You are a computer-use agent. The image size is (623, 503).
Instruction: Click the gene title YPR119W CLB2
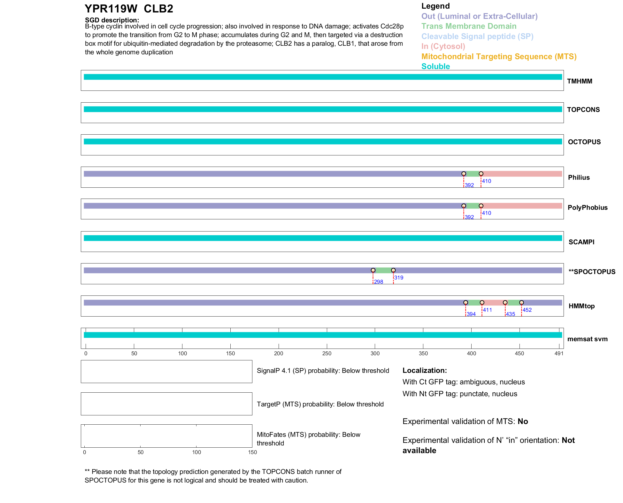tap(129, 9)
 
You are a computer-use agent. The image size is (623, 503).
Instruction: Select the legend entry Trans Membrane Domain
tap(469, 26)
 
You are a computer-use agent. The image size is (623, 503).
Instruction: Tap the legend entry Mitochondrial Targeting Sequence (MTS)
tap(499, 57)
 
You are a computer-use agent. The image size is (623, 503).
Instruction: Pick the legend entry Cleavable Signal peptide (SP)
tap(477, 36)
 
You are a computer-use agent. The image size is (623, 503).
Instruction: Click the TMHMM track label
tap(579, 81)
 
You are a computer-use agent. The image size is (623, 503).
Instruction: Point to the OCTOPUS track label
tap(584, 142)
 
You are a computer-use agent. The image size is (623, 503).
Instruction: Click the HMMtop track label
tap(581, 306)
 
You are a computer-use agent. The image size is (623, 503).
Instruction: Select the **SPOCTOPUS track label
tap(592, 272)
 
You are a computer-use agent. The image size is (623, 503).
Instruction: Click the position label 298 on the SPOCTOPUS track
tap(378, 282)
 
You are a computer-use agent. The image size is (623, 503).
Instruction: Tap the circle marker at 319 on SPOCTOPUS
tap(393, 270)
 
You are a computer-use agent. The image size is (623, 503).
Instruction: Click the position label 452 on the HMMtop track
tap(527, 310)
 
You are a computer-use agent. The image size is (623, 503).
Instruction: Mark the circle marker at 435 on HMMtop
tap(505, 303)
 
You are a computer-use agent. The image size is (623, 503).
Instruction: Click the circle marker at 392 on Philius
tap(464, 174)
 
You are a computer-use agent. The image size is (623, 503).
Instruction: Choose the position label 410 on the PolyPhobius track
tap(486, 213)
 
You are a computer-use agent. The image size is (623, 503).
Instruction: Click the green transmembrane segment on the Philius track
tap(472, 174)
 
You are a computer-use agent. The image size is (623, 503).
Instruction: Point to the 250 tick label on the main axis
tap(327, 353)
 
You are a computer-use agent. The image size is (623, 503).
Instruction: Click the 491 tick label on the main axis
tap(559, 353)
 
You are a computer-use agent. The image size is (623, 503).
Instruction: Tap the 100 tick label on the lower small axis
tap(196, 452)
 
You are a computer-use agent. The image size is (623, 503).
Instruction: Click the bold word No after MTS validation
tap(523, 421)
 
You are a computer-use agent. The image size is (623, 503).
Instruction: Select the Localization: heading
tap(425, 370)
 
